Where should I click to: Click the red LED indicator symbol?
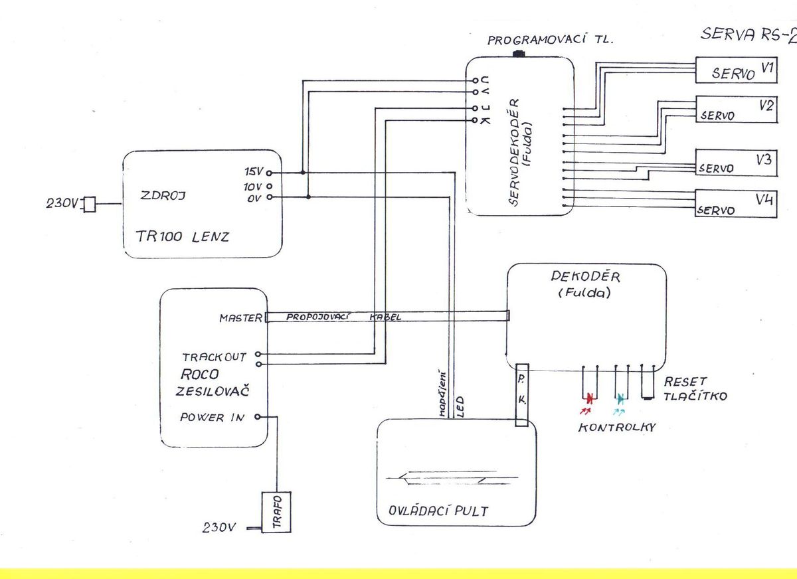coord(588,399)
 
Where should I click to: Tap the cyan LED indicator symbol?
coord(620,399)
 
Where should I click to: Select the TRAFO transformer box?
coord(276,512)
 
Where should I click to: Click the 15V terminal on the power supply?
coord(270,173)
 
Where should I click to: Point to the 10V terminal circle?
coord(270,186)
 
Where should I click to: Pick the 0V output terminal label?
coord(253,197)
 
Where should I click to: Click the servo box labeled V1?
coord(735,70)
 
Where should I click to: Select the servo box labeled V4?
coord(735,203)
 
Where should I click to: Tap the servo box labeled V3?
coord(735,164)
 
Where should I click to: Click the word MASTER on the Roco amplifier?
coord(240,318)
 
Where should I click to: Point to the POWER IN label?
coord(212,418)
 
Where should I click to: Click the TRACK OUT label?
coord(214,357)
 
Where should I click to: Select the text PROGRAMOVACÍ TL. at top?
coord(551,41)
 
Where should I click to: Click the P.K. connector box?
coord(522,394)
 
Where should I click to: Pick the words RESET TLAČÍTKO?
coord(695,390)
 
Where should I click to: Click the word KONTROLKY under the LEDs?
coord(616,427)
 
